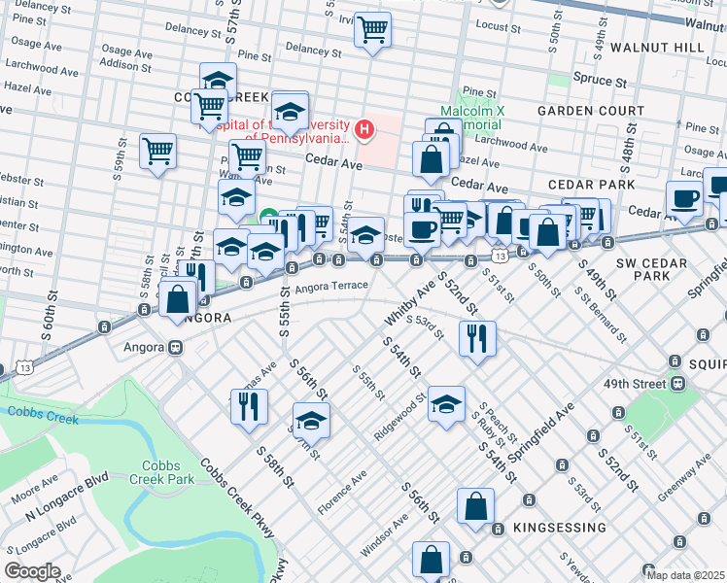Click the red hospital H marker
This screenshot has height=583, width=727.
click(x=364, y=128)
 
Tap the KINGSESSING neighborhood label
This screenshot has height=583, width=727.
click(x=548, y=528)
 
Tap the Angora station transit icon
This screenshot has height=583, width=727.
click(x=176, y=346)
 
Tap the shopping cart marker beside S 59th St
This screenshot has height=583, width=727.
click(x=157, y=152)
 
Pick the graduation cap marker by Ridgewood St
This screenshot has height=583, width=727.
click(x=446, y=404)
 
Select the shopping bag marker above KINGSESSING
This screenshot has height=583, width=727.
click(x=475, y=506)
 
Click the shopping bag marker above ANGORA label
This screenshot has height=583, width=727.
click(x=179, y=299)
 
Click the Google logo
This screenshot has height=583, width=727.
click(x=32, y=571)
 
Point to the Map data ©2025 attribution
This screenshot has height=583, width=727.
click(x=686, y=575)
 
